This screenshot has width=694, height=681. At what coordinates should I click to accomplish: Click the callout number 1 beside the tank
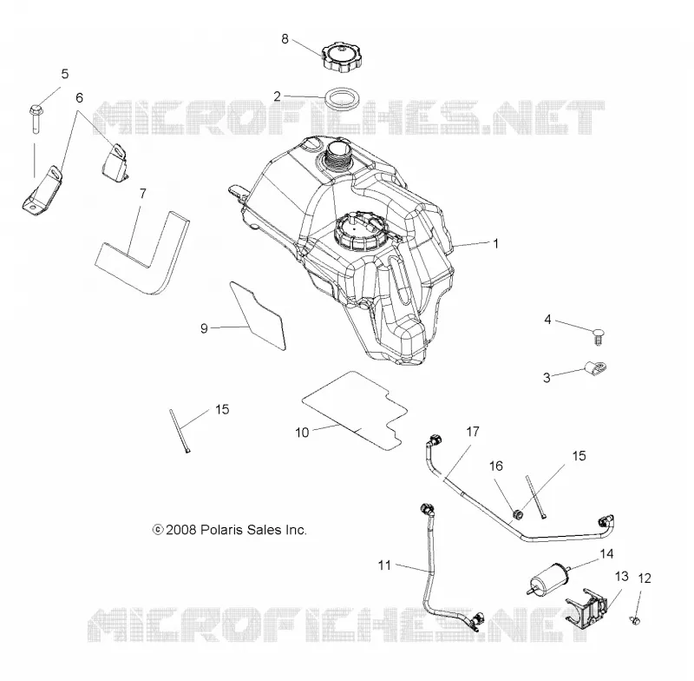(496, 244)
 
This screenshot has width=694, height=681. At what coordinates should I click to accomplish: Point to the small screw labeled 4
(598, 337)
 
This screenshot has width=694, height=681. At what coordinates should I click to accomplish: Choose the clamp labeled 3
(594, 367)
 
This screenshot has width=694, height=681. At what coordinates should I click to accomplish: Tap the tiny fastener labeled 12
(634, 620)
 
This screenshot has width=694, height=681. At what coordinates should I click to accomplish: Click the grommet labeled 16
(518, 515)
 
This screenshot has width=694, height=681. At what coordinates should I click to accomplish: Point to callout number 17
(473, 432)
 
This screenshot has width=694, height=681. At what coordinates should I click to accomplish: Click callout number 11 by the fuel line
(384, 565)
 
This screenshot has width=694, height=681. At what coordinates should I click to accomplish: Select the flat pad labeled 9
(257, 314)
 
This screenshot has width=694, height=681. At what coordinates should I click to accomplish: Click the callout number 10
(302, 433)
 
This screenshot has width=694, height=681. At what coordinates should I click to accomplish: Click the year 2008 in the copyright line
(180, 530)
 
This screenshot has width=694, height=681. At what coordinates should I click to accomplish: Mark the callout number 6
(79, 98)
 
